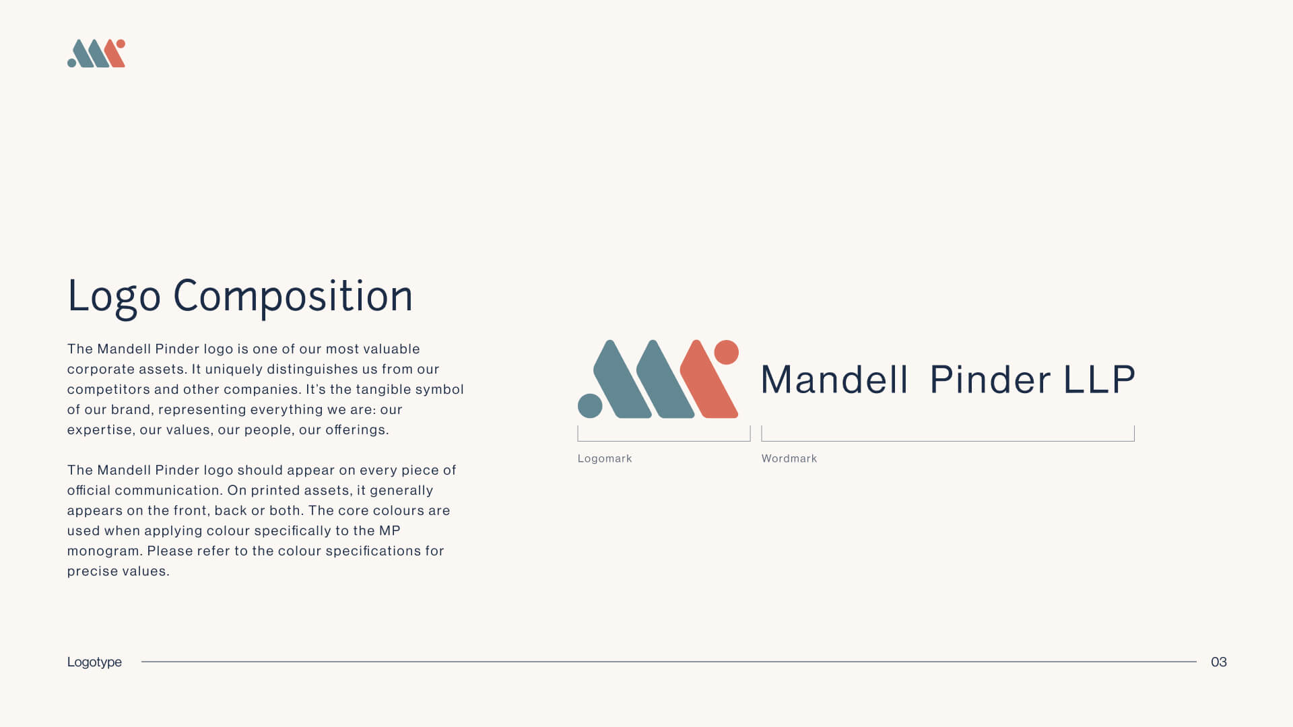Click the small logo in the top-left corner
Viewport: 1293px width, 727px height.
tap(96, 53)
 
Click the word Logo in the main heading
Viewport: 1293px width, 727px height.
tap(114, 297)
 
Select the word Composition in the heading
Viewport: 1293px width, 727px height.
tap(293, 297)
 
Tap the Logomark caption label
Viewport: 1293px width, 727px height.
tap(605, 458)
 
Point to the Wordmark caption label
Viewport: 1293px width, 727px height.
tap(789, 458)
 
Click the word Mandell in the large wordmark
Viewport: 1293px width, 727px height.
tap(835, 380)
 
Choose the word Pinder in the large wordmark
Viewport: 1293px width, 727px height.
tap(990, 380)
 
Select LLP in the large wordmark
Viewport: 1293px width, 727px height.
tap(1100, 380)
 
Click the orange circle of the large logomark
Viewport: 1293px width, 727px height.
tap(726, 352)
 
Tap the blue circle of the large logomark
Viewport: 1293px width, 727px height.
tap(590, 406)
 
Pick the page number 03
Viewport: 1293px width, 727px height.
tap(1219, 662)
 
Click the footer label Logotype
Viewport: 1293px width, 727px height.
tap(94, 662)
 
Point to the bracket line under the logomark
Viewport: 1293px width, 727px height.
tap(664, 441)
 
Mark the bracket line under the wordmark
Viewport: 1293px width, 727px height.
tap(948, 441)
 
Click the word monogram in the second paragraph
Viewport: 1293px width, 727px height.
tap(104, 551)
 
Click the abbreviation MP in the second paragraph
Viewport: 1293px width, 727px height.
tap(390, 530)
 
